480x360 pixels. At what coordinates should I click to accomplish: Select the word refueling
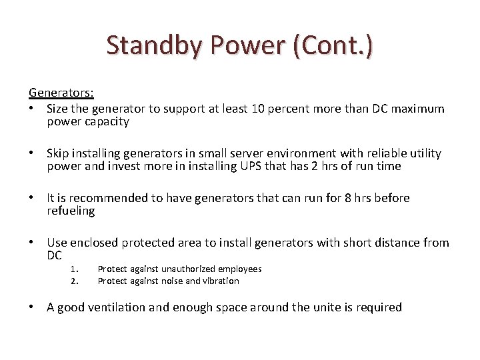[71, 211]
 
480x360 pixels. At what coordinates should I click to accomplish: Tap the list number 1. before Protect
[75, 269]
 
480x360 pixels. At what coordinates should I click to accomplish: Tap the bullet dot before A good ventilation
[33, 307]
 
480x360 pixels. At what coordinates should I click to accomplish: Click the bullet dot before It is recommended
[33, 198]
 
